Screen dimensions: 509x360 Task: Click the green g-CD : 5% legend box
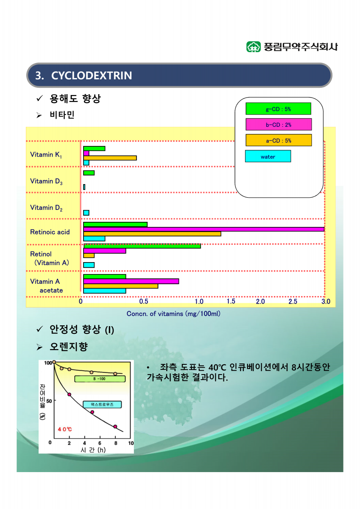point(278,109)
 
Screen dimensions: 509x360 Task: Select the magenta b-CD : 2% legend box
point(279,124)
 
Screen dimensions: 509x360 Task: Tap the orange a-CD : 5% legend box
point(279,140)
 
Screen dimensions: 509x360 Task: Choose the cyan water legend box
point(268,157)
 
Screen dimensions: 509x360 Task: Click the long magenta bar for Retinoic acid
point(204,229)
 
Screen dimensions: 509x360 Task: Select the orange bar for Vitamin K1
point(110,158)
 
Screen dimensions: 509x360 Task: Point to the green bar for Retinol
point(142,246)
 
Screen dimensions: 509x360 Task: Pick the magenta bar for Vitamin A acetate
point(131,281)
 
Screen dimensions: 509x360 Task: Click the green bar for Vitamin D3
point(89,173)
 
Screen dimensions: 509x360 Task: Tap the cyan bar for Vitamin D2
point(86,213)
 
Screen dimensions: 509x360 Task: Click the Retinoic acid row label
point(50,232)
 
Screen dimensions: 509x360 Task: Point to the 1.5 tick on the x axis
point(231,301)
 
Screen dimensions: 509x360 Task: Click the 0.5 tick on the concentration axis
point(144,302)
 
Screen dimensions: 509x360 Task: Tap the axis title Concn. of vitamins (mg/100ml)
point(173,314)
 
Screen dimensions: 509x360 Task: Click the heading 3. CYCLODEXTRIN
point(84,76)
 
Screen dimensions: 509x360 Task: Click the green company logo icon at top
point(254,47)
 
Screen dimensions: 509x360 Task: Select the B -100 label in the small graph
point(99,378)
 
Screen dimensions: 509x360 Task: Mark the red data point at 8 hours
point(114,426)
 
